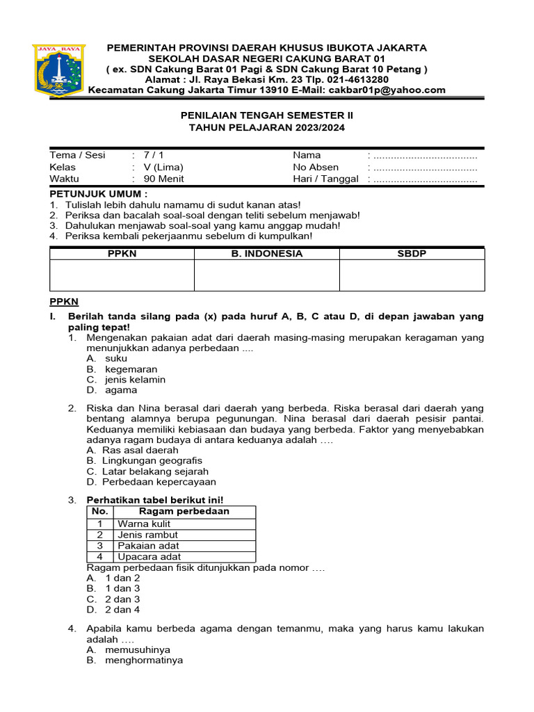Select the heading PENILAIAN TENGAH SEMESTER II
click(267, 115)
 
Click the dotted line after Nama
click(425, 155)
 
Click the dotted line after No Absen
click(425, 167)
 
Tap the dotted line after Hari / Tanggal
click(425, 179)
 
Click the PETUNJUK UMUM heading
click(98, 193)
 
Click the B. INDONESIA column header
click(267, 254)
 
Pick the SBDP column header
click(412, 254)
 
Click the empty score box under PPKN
click(122, 275)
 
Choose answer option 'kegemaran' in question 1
click(131, 369)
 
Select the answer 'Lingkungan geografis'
click(152, 460)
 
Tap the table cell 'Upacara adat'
click(149, 556)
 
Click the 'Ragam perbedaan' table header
click(184, 512)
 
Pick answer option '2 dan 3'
click(122, 599)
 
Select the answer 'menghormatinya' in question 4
click(144, 660)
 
